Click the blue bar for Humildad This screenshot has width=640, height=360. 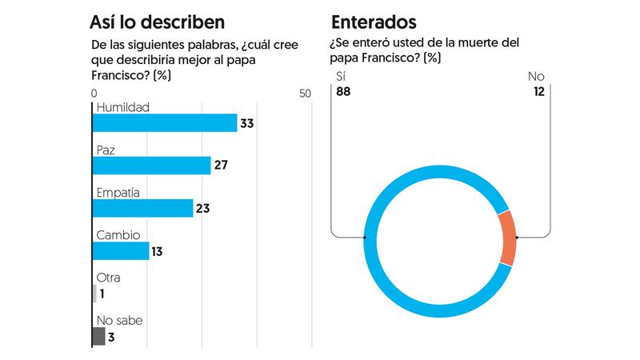165,122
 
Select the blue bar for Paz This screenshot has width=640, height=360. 151,165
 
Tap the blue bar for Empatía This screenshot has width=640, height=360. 143,208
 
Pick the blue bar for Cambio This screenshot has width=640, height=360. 121,251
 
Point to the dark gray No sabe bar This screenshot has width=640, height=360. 98,336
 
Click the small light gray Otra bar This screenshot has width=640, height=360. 94,294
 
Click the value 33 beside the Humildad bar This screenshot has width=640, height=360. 247,123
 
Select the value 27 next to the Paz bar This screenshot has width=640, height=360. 221,166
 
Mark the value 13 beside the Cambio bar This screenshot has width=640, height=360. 158,251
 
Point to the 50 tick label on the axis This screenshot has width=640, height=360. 305,94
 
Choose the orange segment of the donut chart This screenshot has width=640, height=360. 506,238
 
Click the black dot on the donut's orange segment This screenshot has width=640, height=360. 517,238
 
